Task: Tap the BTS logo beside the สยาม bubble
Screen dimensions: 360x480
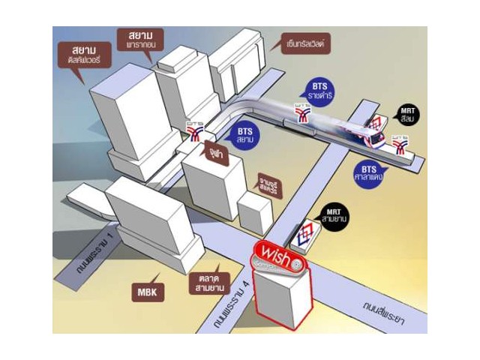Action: coord(196,131)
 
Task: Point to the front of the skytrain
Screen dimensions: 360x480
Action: coord(375,139)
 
